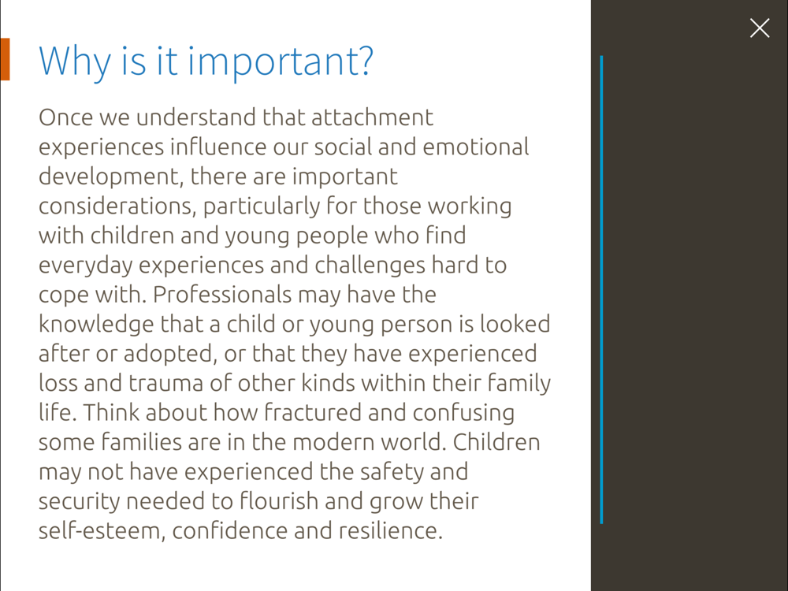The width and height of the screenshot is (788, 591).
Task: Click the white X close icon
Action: click(x=760, y=28)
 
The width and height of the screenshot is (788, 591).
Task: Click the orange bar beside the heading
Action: click(x=5, y=59)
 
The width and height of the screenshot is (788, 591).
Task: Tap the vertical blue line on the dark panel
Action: click(x=601, y=290)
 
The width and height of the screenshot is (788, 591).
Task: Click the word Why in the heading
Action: click(x=75, y=61)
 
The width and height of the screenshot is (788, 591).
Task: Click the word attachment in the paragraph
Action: click(x=372, y=117)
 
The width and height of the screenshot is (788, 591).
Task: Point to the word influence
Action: click(x=217, y=147)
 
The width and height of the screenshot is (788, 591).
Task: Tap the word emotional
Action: click(x=475, y=147)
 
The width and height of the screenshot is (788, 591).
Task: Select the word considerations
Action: click(x=117, y=206)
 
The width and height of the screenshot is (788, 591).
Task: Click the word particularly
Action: click(x=262, y=206)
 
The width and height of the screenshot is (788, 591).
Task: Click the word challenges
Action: click(x=370, y=266)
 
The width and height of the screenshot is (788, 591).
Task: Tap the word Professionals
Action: click(x=221, y=295)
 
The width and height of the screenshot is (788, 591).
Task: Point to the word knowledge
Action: click(x=96, y=325)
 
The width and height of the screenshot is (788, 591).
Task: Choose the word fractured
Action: click(x=313, y=413)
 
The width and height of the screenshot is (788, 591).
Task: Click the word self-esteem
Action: click(x=102, y=531)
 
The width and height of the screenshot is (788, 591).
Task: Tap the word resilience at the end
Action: click(x=391, y=530)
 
